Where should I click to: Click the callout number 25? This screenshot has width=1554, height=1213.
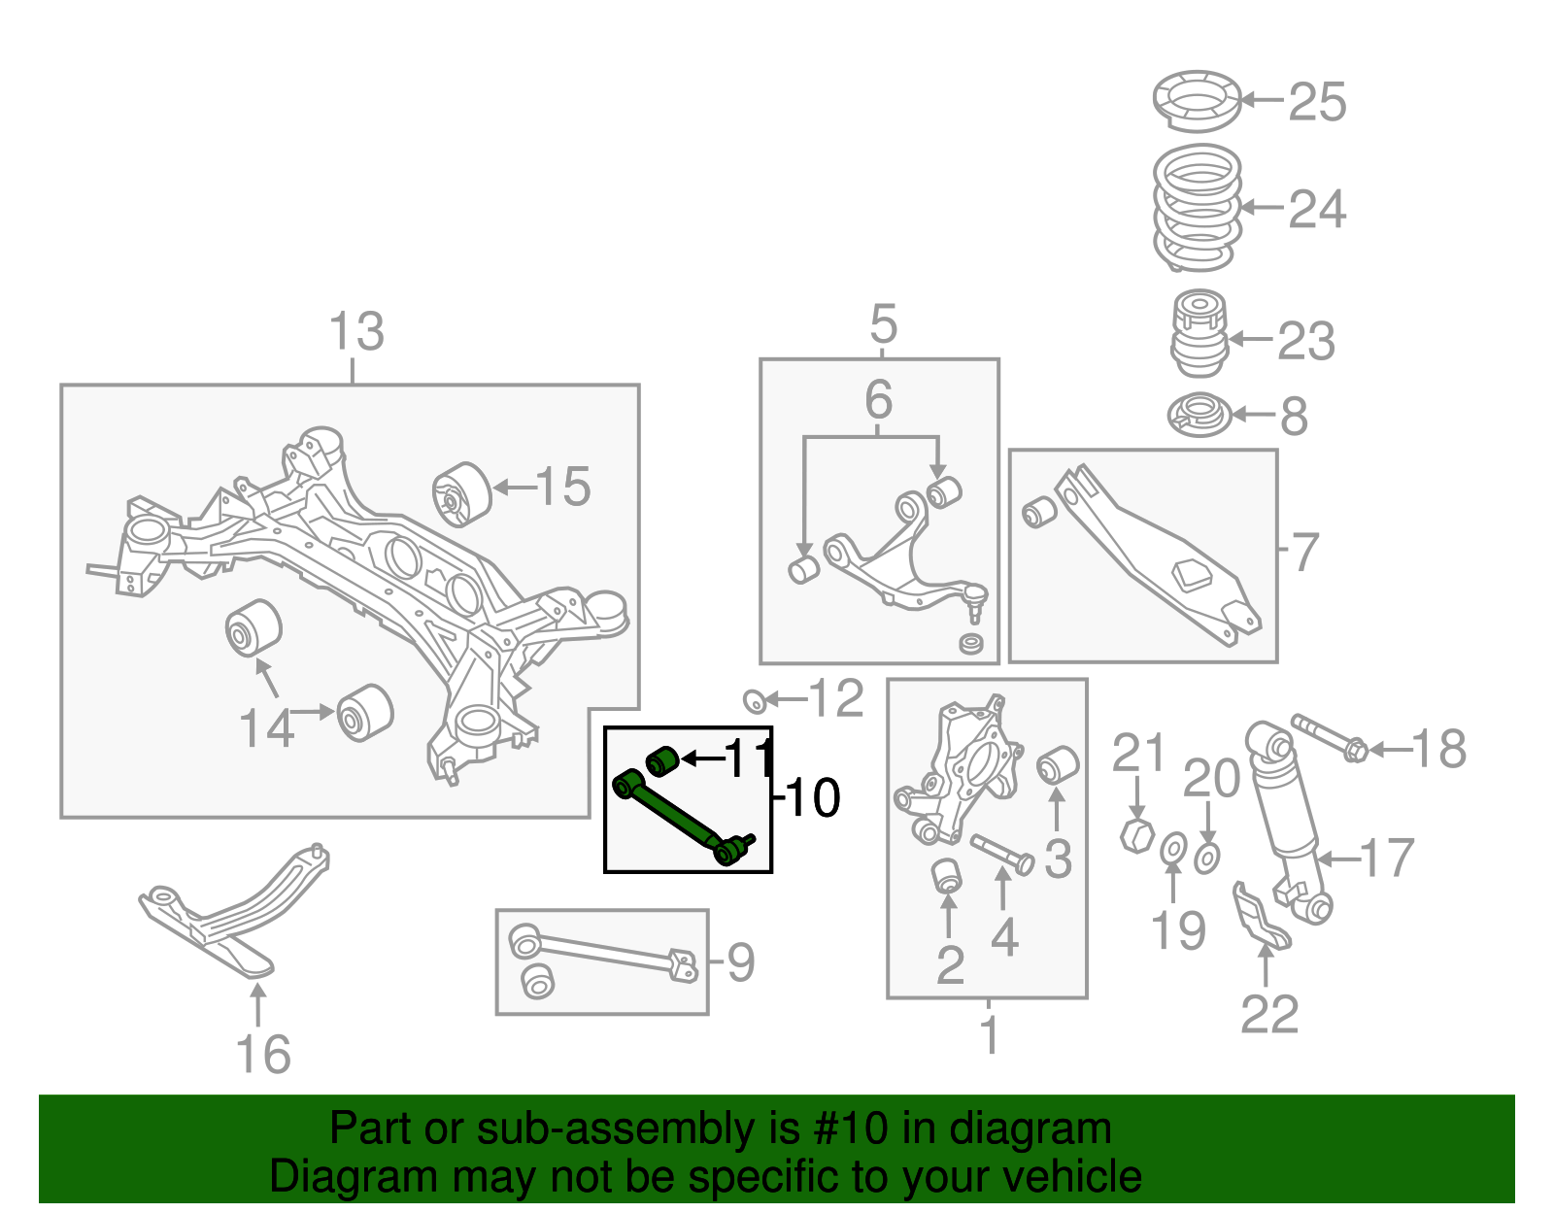1317,102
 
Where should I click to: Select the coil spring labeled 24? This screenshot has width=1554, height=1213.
1198,208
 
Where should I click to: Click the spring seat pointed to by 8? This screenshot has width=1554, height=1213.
1199,415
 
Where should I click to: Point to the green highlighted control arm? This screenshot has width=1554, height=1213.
680,816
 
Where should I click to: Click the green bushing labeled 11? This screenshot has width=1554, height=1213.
661,759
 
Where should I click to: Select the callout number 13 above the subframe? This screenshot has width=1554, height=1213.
356,332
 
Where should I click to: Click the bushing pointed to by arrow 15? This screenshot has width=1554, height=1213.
462,493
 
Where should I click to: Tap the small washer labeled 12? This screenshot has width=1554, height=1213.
753,699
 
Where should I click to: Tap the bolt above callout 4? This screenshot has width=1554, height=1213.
1001,853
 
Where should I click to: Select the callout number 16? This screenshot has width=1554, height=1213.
263,1055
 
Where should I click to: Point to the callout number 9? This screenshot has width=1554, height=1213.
741,962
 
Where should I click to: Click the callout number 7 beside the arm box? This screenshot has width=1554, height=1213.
1305,552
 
